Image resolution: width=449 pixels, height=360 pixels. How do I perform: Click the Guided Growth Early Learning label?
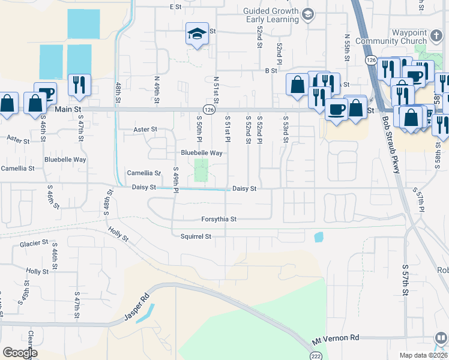point(271,15)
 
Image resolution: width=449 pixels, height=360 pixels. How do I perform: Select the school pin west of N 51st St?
point(196,36)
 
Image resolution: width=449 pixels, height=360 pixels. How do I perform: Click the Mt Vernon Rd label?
point(335,339)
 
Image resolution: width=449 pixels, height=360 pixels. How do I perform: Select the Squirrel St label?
point(196,236)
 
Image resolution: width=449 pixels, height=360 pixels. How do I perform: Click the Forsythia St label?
point(218,220)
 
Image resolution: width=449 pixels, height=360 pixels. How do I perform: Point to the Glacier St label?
point(34,243)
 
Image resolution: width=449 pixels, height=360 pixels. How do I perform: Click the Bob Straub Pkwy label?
point(390,145)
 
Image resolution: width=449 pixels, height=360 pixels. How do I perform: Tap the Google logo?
point(19,353)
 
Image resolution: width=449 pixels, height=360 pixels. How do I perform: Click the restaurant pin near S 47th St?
point(79,86)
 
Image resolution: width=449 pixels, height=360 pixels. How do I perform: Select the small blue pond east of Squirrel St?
point(318,237)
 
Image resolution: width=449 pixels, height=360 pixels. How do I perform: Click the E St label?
point(175,7)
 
